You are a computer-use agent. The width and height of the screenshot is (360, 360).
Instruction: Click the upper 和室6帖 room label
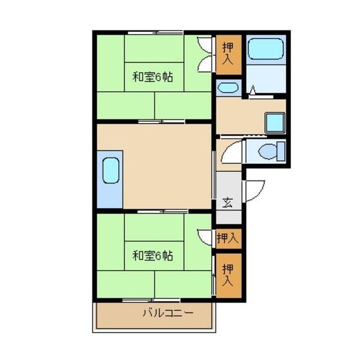click(x=153, y=77)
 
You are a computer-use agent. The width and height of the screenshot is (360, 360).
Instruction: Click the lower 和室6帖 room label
click(x=153, y=256)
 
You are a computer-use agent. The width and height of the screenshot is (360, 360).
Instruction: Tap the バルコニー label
click(x=167, y=313)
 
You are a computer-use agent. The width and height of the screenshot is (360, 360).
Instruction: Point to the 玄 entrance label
click(x=229, y=202)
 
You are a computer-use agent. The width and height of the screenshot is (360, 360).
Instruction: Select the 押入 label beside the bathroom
click(x=227, y=53)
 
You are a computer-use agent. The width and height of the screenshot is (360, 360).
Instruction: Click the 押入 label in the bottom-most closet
click(x=228, y=273)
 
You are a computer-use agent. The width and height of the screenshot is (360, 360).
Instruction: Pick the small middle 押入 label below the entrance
click(x=227, y=238)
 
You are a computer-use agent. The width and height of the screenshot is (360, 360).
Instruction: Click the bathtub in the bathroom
click(x=265, y=49)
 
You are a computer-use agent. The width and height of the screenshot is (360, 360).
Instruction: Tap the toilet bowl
click(x=266, y=152)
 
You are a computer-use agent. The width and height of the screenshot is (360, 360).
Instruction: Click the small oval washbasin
click(x=227, y=88)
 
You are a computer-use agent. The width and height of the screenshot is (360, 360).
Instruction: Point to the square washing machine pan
click(x=274, y=122)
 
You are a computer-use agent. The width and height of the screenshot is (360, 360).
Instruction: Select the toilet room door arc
click(x=232, y=152)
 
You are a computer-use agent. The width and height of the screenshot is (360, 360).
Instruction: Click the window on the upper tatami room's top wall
click(x=154, y=32)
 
